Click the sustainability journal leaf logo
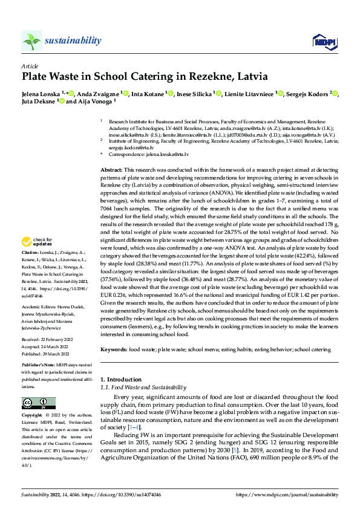pyautogui.click(x=31, y=41)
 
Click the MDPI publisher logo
pyautogui.click(x=321, y=41)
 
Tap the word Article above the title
pyautogui.click(x=30, y=66)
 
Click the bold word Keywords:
pyautogui.click(x=114, y=349)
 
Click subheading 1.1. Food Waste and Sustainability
pyautogui.click(x=143, y=387)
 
